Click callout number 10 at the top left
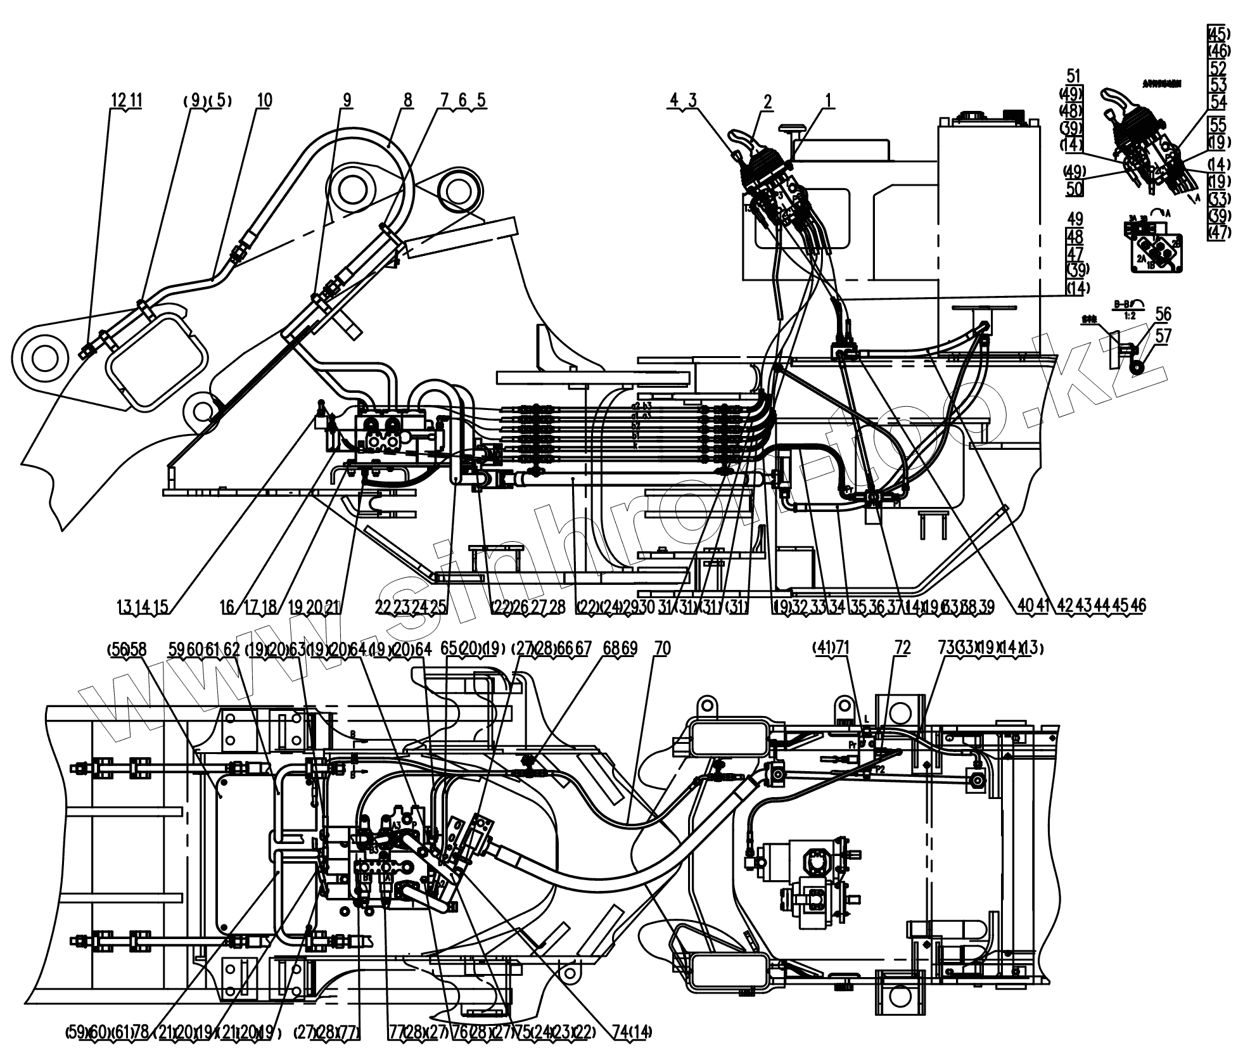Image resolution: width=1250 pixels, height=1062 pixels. click(264, 100)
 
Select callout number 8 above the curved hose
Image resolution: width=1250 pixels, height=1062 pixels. click(407, 100)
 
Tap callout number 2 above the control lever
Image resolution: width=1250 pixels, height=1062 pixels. click(768, 101)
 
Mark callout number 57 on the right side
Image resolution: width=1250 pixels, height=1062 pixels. click(1164, 335)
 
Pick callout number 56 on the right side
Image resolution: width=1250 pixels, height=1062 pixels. click(1163, 314)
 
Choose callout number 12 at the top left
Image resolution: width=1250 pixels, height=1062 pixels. click(118, 100)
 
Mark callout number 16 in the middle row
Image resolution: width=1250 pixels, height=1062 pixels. click(227, 606)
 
